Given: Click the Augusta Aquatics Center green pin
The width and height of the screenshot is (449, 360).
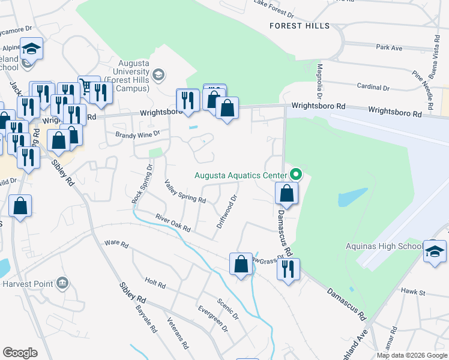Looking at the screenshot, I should (x=295, y=175).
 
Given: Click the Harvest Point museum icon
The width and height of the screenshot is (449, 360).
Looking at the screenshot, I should (x=62, y=283).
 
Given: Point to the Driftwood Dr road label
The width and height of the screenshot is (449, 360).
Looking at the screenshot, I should (x=228, y=211).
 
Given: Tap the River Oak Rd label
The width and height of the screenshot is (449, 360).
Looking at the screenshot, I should (x=172, y=223).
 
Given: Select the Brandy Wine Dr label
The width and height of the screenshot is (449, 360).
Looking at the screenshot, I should (x=138, y=134).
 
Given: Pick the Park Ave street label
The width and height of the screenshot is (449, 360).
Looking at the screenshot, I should (x=388, y=47).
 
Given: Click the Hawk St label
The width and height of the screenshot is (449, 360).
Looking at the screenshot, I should (x=412, y=292).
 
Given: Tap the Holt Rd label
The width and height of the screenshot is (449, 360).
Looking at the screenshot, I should (x=155, y=283).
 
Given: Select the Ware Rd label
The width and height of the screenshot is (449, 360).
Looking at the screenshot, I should (x=116, y=244).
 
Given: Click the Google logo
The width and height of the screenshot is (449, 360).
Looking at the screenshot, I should (x=20, y=353).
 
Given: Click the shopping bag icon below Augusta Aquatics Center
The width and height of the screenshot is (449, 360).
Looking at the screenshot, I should (x=287, y=193).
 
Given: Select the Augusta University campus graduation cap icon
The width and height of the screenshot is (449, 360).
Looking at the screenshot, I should (x=158, y=74).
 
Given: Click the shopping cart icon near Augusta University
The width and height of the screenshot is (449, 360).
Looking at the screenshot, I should (x=88, y=88).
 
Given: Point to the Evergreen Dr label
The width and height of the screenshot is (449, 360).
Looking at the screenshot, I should (x=213, y=319).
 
